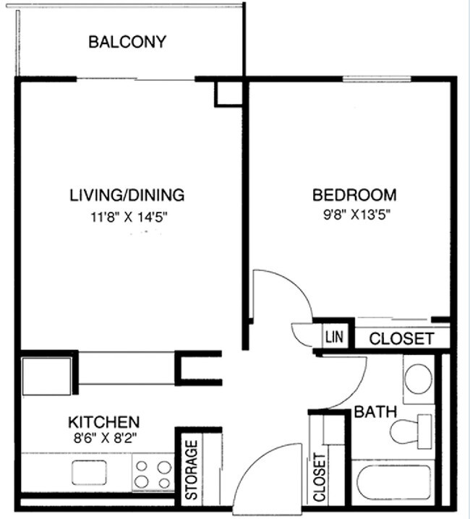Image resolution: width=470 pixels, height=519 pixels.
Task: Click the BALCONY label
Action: tap(127, 42)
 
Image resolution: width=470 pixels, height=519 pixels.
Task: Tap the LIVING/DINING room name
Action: tap(127, 194)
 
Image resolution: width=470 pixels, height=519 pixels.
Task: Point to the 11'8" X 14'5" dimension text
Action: tap(127, 215)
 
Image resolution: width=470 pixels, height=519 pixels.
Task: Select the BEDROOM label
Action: tap(354, 194)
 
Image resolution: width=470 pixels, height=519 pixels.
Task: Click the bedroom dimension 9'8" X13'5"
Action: tap(354, 215)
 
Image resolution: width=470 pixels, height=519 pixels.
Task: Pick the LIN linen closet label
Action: tap(333, 338)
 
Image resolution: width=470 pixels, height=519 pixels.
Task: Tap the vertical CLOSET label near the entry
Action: tap(320, 478)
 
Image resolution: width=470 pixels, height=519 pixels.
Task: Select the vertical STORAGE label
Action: tap(192, 470)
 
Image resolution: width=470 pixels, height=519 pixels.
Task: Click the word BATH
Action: tap(375, 412)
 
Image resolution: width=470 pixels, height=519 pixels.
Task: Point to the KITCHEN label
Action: tap(103, 421)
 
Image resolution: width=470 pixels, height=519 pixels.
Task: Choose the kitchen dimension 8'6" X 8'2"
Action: tap(103, 437)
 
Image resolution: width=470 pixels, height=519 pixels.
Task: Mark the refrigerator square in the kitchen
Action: tap(47, 375)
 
